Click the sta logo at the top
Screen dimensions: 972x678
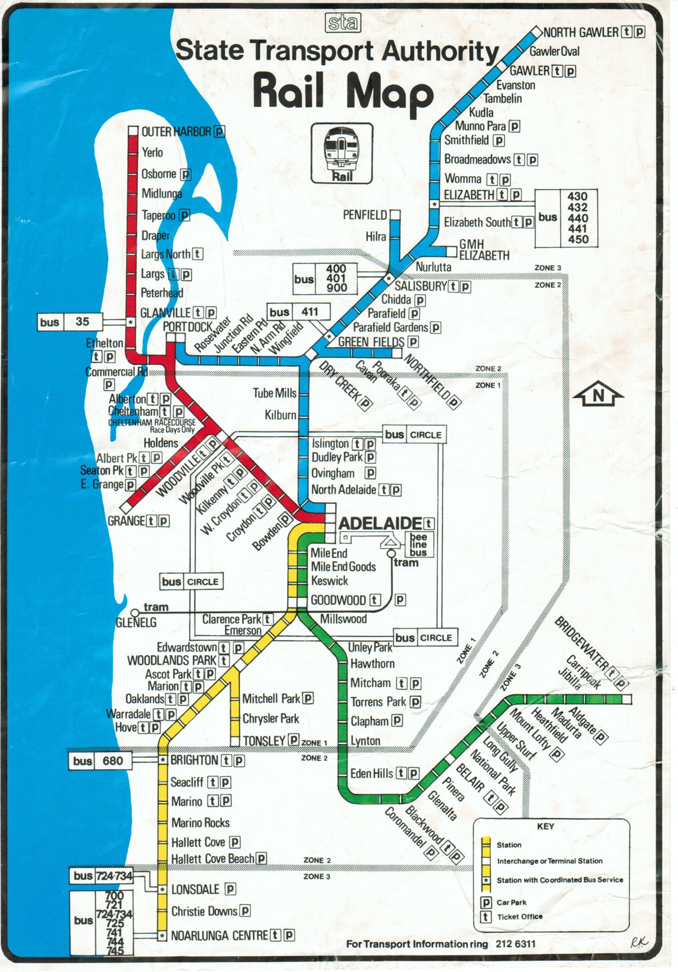(x=342, y=23)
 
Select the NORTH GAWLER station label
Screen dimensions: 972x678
(x=580, y=32)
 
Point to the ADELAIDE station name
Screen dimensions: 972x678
(x=381, y=523)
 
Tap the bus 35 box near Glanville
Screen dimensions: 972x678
(x=69, y=322)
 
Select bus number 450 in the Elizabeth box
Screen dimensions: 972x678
(x=577, y=239)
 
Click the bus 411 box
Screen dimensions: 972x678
(x=298, y=312)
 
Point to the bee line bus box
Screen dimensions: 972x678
(x=418, y=545)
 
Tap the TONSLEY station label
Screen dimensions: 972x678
(x=264, y=740)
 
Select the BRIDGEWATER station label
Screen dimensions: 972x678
(x=582, y=643)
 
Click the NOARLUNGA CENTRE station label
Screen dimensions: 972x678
(x=219, y=935)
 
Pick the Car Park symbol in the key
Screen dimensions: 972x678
(x=486, y=902)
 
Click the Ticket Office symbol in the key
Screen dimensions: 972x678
(x=486, y=917)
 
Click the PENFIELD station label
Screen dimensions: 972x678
(x=365, y=215)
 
